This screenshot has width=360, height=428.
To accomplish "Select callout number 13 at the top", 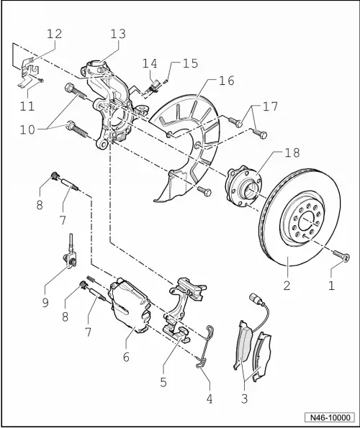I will coord(117,35).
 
